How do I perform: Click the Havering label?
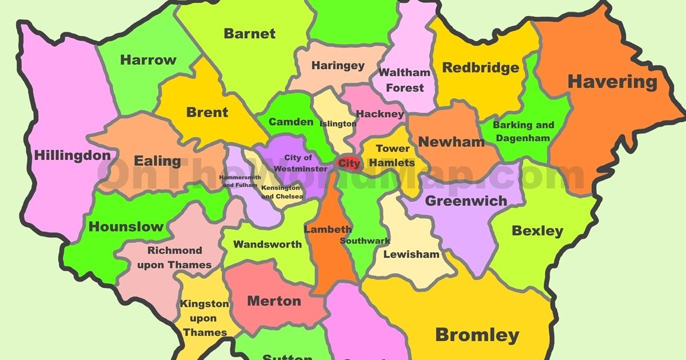tap(612, 82)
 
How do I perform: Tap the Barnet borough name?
tap(249, 34)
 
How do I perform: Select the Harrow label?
tap(148, 60)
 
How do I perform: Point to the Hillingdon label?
tap(73, 155)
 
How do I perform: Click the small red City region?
tap(348, 163)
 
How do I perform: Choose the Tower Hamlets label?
tap(392, 155)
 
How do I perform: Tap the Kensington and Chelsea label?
tap(280, 192)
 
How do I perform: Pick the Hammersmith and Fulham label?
tap(244, 181)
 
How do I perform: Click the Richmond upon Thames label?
tap(174, 258)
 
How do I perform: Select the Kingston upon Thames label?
tap(205, 318)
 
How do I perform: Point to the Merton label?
tap(274, 301)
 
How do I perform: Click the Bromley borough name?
tap(477, 335)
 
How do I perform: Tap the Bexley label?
tap(537, 231)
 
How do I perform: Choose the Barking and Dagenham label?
tap(523, 131)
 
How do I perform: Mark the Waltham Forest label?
tap(405, 80)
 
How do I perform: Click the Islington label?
tap(338, 124)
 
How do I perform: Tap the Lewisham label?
tap(411, 254)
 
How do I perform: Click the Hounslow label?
tap(126, 226)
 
